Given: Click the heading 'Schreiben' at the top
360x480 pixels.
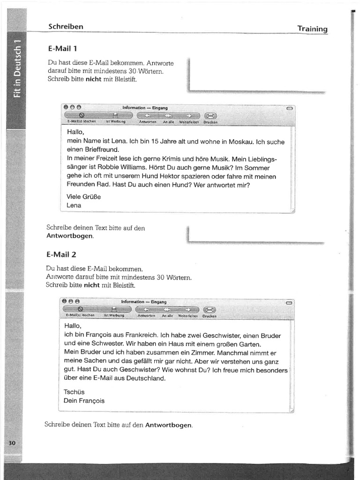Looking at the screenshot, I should [66, 27].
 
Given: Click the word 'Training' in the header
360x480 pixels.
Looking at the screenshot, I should [312, 29].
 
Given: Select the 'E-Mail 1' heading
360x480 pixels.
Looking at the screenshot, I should [63, 48].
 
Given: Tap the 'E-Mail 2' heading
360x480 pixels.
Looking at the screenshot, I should [61, 255].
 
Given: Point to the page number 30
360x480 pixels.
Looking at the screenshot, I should [12, 443].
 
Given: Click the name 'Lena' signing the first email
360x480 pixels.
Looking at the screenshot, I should [74, 205].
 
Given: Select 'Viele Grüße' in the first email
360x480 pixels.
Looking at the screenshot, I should [84, 196].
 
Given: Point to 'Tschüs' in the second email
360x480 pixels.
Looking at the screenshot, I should [74, 392].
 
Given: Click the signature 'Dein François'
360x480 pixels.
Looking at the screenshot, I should [84, 401].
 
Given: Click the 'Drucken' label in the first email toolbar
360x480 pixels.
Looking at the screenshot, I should [210, 122].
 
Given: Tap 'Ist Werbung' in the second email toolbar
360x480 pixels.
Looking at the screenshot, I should [114, 316].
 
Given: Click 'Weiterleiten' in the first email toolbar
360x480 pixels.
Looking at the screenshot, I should [186, 122].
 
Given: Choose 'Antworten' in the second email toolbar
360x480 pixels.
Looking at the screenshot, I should [146, 316].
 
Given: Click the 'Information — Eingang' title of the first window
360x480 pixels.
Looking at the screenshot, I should [142, 107].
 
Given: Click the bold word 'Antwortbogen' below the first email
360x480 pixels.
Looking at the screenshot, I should [69, 236].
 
